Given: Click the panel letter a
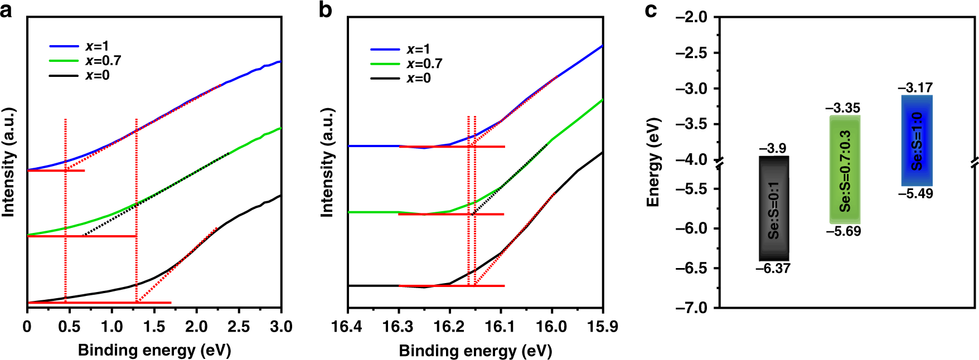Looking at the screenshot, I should pyautogui.click(x=6, y=10).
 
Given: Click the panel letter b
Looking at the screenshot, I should pyautogui.click(x=326, y=10).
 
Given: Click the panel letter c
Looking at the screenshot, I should pyautogui.click(x=651, y=10).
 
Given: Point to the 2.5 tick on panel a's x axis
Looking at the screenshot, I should pyautogui.click(x=239, y=327).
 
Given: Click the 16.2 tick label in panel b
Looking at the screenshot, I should pyautogui.click(x=449, y=327).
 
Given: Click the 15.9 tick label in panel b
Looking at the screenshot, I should pyautogui.click(x=603, y=327).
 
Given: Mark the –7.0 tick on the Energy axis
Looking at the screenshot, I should pyautogui.click(x=691, y=308).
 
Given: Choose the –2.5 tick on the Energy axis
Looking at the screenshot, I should pyautogui.click(x=691, y=53).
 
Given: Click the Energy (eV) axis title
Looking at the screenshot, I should pyautogui.click(x=653, y=162).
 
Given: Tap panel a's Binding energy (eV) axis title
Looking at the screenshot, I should pyautogui.click(x=154, y=351).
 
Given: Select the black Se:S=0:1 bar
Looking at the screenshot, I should pyautogui.click(x=774, y=208).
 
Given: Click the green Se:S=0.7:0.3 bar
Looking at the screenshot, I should pyautogui.click(x=845, y=170).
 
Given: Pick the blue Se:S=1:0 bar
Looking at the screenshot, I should pyautogui.click(x=917, y=140).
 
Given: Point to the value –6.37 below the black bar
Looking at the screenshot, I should pyautogui.click(x=773, y=269).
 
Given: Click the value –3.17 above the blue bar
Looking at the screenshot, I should pyautogui.click(x=915, y=88).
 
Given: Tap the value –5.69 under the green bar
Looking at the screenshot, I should pyautogui.click(x=844, y=231).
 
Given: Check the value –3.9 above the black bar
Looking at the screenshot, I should pyautogui.click(x=773, y=148).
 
